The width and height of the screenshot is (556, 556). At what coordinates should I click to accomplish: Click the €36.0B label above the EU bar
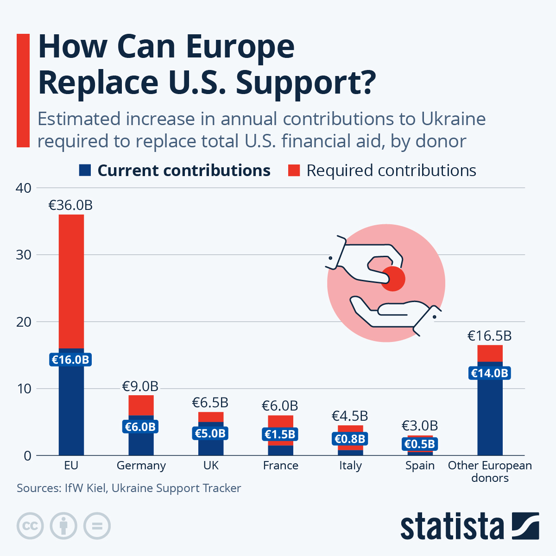click(x=70, y=205)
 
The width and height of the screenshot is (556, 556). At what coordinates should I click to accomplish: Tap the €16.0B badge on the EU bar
click(x=70, y=360)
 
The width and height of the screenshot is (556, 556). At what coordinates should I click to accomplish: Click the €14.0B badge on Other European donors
click(x=490, y=373)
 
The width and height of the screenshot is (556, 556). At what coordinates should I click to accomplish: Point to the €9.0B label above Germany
click(x=140, y=386)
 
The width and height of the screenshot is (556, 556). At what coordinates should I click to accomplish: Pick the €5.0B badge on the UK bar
click(x=210, y=433)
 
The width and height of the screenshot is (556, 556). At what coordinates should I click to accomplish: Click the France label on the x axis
click(x=280, y=466)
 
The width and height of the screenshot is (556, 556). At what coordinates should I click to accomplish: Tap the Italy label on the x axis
click(x=350, y=466)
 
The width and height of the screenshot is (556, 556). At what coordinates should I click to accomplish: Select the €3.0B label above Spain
click(x=419, y=425)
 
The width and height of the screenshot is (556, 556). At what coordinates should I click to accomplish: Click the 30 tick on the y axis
click(x=24, y=255)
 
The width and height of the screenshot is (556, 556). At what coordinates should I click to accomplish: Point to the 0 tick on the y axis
click(x=27, y=455)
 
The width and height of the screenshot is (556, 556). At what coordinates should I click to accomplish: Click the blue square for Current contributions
click(x=85, y=171)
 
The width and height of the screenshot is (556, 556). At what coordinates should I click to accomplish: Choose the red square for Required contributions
click(x=294, y=171)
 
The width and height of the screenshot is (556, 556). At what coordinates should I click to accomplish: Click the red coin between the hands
click(x=393, y=279)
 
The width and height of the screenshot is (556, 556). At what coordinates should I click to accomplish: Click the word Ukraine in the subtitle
click(x=453, y=119)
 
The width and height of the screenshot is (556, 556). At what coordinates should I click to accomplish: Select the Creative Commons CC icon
click(x=30, y=526)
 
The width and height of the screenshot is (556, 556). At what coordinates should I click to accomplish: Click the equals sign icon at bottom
click(x=97, y=526)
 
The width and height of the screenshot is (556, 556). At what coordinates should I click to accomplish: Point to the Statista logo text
click(x=452, y=526)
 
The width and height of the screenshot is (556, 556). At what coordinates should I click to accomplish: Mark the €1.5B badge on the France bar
click(x=280, y=434)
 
